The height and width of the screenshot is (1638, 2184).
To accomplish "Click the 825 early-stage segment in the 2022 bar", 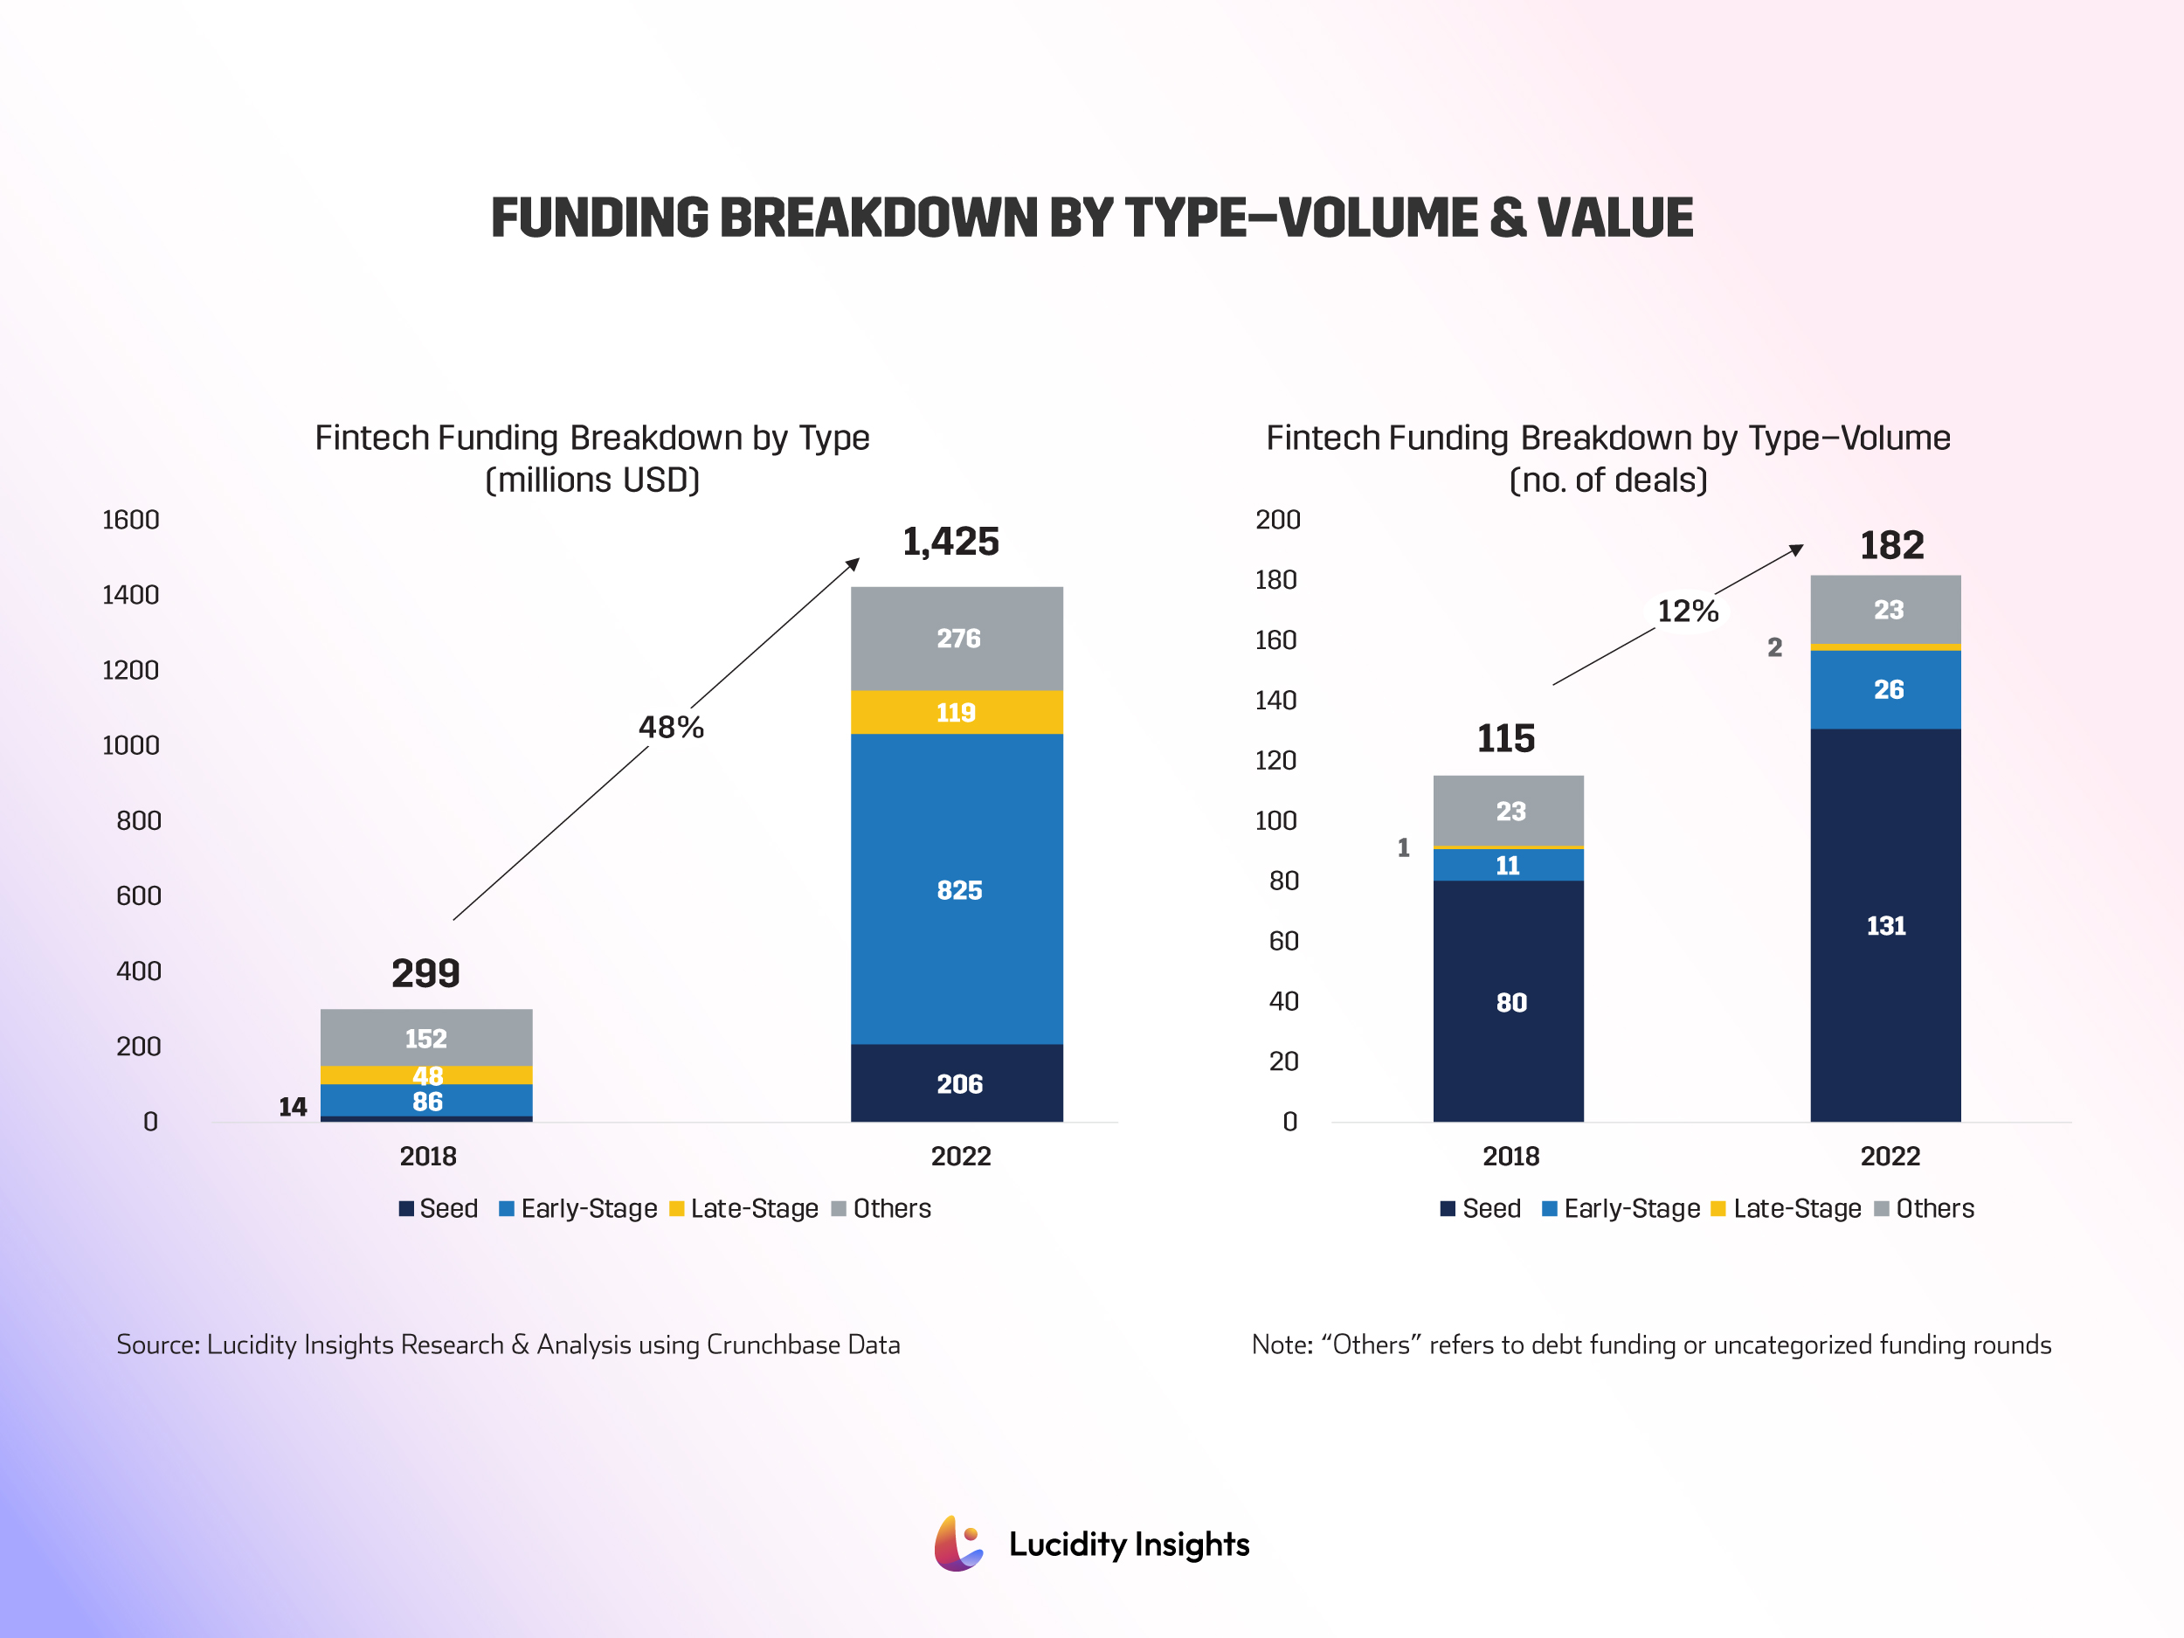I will click(957, 888).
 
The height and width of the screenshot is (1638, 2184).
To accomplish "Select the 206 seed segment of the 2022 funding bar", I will click(957, 1083).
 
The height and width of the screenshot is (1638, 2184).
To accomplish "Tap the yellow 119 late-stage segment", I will click(957, 712).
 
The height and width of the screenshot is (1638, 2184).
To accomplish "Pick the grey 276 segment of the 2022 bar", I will click(957, 638).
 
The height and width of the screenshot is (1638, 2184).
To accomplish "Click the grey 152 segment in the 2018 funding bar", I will click(425, 1038).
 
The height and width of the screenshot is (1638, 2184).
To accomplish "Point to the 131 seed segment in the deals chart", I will click(1885, 925).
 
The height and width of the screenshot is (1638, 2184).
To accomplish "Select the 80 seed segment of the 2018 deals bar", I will click(1509, 1002).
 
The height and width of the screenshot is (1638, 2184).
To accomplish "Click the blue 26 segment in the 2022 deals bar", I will click(1887, 689).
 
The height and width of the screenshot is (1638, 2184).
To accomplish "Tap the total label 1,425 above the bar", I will click(950, 541).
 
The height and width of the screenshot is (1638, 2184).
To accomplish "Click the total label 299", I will click(425, 972).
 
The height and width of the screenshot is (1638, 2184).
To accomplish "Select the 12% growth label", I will click(1688, 612).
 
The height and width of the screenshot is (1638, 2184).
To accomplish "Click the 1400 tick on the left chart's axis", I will click(130, 594).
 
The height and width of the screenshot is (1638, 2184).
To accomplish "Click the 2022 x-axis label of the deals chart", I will click(1890, 1156).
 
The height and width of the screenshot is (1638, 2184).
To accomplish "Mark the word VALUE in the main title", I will click(1614, 218).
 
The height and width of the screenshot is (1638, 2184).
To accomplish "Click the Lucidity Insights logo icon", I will click(957, 1544).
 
